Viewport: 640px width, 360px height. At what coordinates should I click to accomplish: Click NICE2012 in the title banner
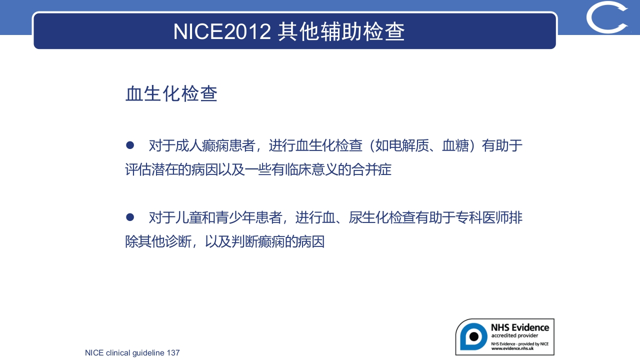tap(222, 31)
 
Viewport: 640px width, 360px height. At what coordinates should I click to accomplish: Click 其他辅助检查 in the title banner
tap(341, 31)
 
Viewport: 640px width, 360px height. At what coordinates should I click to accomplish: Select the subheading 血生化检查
tap(171, 94)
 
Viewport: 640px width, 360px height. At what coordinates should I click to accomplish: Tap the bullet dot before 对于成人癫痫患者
tap(130, 145)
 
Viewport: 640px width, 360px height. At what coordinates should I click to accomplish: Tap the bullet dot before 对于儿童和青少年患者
tap(130, 217)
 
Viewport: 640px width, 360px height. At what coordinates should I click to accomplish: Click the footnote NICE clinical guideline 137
tap(132, 353)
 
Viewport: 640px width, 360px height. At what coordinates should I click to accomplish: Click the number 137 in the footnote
tap(173, 353)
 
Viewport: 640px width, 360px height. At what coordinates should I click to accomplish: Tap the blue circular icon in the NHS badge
tap(473, 336)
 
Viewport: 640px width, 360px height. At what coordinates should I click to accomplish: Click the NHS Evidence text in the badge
tap(519, 327)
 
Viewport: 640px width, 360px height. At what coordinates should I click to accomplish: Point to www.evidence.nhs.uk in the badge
tap(519, 348)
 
